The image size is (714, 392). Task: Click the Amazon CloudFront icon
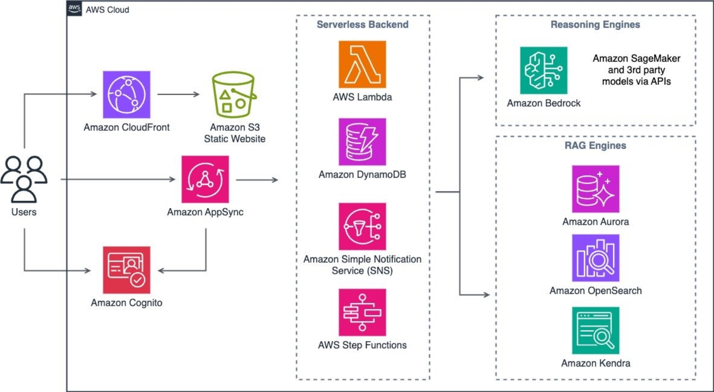coord(126,94)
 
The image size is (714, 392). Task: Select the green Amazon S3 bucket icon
coord(233,95)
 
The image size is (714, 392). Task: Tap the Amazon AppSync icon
coord(205,179)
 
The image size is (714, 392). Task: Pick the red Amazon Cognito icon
coord(126,270)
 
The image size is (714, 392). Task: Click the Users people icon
coord(24,179)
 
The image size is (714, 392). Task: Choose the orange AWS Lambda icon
coord(362,64)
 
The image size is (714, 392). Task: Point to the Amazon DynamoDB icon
coord(362,142)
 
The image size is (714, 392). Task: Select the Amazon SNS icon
coord(362,226)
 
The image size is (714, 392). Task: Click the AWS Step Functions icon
coord(362,312)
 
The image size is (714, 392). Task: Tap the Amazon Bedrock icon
coord(544,71)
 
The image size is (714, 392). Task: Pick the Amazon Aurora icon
coord(595,189)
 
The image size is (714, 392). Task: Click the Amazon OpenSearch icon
coord(595,258)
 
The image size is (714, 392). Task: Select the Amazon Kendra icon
coord(595,330)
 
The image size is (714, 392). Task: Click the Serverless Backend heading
coord(362,25)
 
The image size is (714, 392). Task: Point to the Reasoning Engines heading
coord(595,25)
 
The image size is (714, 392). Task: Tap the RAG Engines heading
coord(595,146)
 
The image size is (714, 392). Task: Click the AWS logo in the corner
coord(74,8)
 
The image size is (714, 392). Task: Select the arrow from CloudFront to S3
coord(178,94)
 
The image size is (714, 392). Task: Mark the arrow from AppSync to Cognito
coord(196,270)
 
